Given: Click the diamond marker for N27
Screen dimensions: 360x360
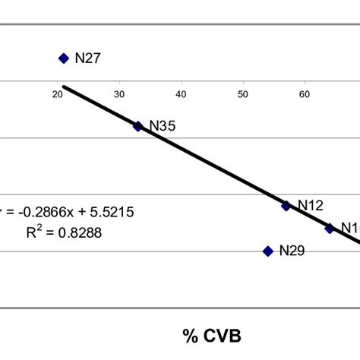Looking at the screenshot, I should coord(64,58).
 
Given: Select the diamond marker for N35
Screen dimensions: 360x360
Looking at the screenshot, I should coord(137,126).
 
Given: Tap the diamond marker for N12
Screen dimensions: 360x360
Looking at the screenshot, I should coord(286,206).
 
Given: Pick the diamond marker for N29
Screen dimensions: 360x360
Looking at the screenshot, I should coord(268,251).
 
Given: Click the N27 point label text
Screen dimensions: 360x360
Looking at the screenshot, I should coord(87,58).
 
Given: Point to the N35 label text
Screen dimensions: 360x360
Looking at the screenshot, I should coord(163,126).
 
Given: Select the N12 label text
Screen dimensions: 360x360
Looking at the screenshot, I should coord(310,205).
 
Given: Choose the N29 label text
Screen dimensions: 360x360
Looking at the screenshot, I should coord(292,251).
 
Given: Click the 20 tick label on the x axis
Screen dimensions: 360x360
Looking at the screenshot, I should coord(58,94).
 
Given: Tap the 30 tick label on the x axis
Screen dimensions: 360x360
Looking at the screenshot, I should coord(119,94).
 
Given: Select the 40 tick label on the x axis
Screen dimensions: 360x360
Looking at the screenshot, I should coord(181,94).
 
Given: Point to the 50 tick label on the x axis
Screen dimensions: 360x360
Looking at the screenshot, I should coord(243,94).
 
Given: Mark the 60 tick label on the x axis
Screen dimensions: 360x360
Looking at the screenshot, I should coord(305,94).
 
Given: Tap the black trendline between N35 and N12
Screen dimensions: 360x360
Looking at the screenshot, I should coord(213,166).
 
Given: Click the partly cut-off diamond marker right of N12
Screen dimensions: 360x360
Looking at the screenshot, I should coord(330,228).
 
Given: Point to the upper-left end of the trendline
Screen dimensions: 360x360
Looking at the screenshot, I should coord(64,87).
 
